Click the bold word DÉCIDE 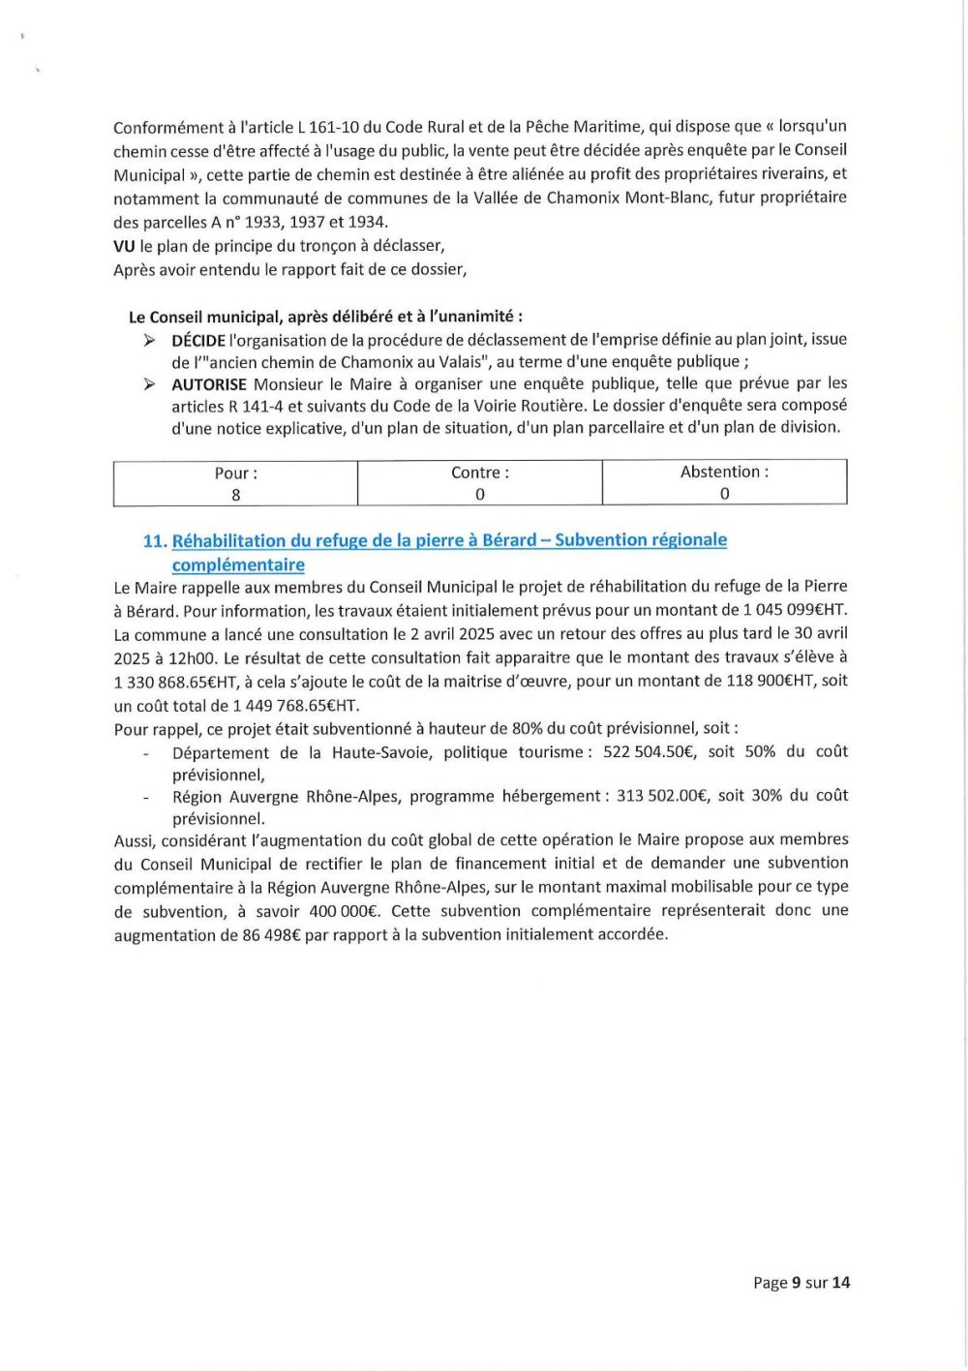[x=198, y=340]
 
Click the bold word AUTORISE [x=209, y=384]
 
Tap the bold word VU [x=124, y=246]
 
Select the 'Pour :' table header [x=235, y=473]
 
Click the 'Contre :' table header [x=479, y=472]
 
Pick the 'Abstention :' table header [x=724, y=472]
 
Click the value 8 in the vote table [x=235, y=495]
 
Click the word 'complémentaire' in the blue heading [x=238, y=565]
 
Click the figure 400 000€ [x=344, y=911]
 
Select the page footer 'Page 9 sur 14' [x=802, y=1283]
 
